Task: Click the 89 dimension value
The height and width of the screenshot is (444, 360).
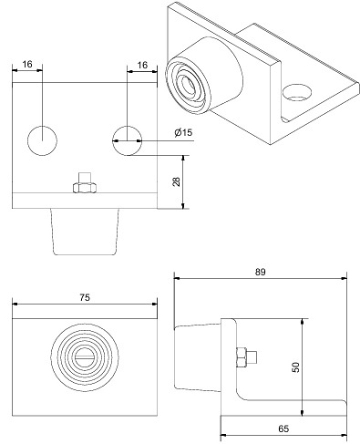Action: (260, 272)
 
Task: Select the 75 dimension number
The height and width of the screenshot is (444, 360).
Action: (84, 297)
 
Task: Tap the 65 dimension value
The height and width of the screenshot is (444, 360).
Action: (283, 428)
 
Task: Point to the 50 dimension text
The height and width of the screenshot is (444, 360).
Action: (295, 367)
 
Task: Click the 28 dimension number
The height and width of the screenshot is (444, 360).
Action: (176, 181)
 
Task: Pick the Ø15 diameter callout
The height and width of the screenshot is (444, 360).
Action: (183, 132)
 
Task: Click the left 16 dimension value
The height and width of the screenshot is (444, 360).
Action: (27, 64)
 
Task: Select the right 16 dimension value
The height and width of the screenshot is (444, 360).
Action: (142, 65)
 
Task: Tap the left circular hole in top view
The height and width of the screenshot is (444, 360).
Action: (42, 140)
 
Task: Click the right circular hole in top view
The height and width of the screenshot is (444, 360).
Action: (127, 140)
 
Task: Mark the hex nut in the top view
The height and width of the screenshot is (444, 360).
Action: (84, 188)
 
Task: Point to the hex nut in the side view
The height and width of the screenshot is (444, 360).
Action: (241, 357)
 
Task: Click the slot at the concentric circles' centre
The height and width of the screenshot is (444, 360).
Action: (84, 357)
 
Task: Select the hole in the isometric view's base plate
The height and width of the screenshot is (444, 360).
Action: (296, 92)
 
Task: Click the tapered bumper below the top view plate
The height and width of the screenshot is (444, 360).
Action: (84, 231)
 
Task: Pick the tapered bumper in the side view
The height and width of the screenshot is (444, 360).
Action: (197, 358)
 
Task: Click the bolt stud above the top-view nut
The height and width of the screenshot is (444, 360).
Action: (84, 178)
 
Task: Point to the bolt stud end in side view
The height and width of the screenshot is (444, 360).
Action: (251, 357)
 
